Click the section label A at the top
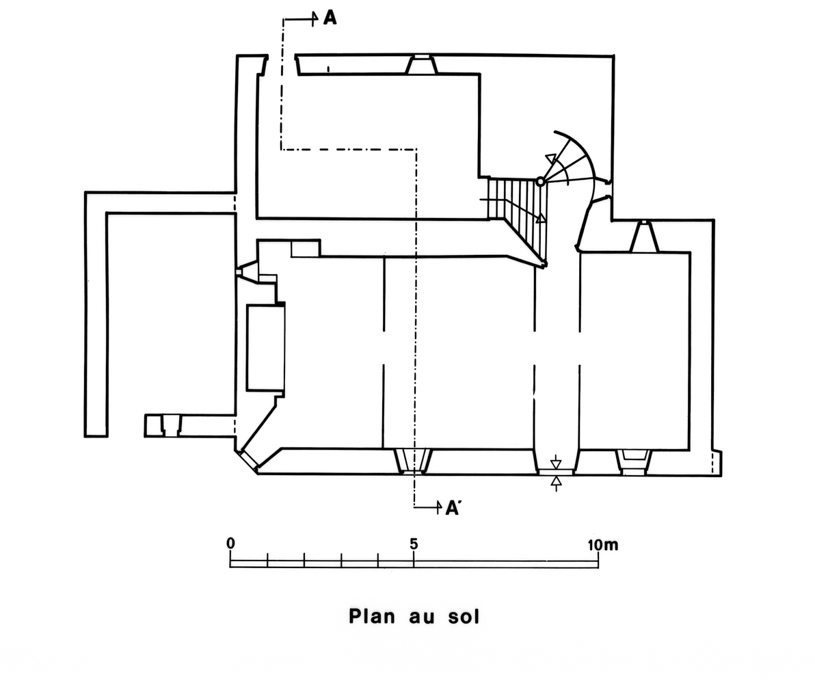pos(330,18)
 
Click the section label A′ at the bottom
pos(452,507)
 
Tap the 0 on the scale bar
pos(231,543)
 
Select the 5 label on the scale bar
pos(414,544)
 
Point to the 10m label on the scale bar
pos(602,544)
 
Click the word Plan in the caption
pos(373,616)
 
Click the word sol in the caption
pos(463,616)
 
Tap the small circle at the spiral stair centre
pos(540,182)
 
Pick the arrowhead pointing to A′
pos(438,507)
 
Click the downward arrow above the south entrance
pos(557,460)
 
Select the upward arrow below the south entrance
pos(557,482)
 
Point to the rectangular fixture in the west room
pos(265,347)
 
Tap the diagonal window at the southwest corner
pos(248,459)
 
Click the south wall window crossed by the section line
pos(413,461)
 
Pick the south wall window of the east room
pos(632,461)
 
